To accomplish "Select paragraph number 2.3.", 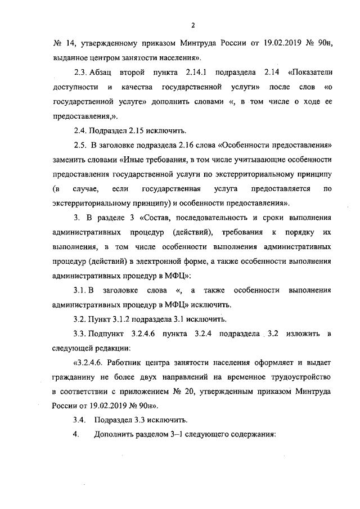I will coord(81,73).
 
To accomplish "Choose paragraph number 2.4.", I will coord(81,130).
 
